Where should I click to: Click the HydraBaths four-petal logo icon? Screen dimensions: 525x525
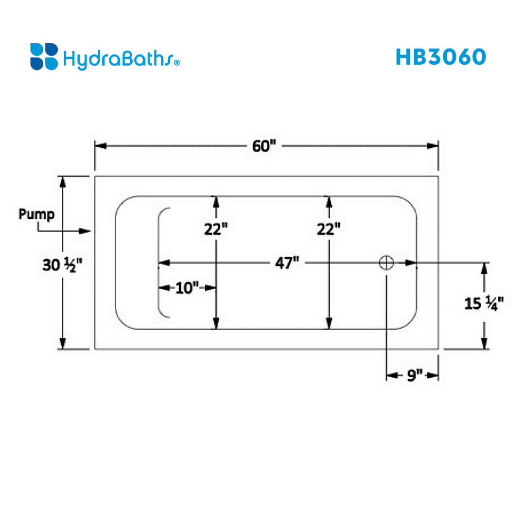44,56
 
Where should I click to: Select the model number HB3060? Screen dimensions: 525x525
440,56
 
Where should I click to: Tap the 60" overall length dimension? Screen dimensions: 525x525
264,146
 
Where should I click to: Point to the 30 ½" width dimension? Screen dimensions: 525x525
62,265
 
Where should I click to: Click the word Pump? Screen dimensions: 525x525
36,215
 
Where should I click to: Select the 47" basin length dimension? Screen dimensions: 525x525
287,263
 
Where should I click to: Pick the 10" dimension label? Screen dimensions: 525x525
187,288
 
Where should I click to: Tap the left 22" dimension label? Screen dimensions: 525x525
216,229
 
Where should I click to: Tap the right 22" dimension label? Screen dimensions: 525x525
329,229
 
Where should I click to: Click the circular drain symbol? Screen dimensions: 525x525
386,263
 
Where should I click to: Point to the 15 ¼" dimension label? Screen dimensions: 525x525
484,303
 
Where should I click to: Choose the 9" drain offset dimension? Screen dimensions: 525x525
415,375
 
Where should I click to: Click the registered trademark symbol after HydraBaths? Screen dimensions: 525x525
177,63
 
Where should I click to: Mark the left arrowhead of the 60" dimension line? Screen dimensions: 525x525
101,146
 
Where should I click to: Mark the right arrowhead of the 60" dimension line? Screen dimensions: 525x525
432,146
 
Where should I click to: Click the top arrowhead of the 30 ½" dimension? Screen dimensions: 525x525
63,182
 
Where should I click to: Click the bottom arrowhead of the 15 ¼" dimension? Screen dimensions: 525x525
484,343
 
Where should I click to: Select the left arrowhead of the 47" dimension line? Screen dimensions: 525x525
164,263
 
